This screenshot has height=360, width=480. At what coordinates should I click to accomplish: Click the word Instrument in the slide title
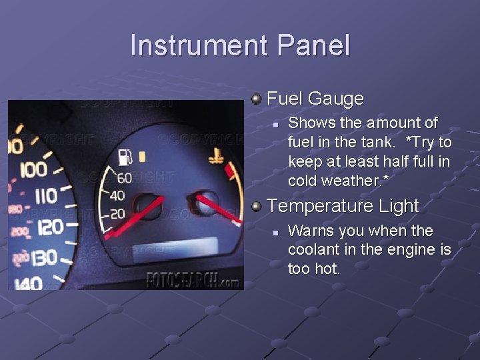pos(197,46)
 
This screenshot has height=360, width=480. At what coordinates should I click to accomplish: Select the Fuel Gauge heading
pos(315,99)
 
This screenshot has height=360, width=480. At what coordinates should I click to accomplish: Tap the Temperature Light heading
pos(342,207)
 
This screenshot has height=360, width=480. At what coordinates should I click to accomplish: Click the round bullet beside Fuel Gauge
pos(256,99)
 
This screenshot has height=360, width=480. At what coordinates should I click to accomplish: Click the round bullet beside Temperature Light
pos(256,207)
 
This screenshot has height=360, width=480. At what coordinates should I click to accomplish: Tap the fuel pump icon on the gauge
pos(124,158)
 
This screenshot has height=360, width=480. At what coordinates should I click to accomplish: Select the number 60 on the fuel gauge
pos(124,178)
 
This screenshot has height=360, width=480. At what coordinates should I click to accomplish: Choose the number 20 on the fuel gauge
pos(118,213)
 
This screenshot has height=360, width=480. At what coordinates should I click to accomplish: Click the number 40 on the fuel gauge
pos(117,195)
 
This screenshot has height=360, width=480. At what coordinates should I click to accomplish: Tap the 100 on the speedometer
pos(33,170)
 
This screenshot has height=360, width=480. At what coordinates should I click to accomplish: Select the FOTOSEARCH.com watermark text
pos(192,280)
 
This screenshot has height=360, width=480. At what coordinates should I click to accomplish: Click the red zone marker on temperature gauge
pos(231,173)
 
